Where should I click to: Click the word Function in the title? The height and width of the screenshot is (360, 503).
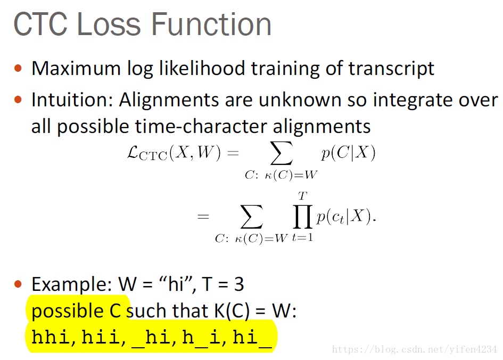pos(211,24)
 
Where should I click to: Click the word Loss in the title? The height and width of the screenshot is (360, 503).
pos(109,24)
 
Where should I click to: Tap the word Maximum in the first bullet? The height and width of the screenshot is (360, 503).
pos(76,68)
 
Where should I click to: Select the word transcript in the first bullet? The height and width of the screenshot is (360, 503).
pos(391,69)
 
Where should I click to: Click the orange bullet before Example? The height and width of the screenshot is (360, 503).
pos(18,284)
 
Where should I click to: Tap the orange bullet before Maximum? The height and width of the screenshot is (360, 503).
pos(18,68)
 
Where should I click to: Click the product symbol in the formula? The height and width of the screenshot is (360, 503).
pos(302,217)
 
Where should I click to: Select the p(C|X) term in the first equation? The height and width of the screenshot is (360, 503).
pos(348,153)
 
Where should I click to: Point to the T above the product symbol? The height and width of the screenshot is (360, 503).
pos(302,196)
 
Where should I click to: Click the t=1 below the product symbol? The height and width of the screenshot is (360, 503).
pos(302,238)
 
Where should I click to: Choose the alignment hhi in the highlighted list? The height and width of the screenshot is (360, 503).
pos(50,337)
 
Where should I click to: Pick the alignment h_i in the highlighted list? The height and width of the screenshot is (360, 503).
pos(201,338)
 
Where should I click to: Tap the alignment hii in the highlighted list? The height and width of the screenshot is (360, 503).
pos(101,337)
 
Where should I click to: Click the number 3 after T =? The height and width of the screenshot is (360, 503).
pos(239,284)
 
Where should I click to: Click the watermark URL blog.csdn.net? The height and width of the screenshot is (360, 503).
pos(414,349)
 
